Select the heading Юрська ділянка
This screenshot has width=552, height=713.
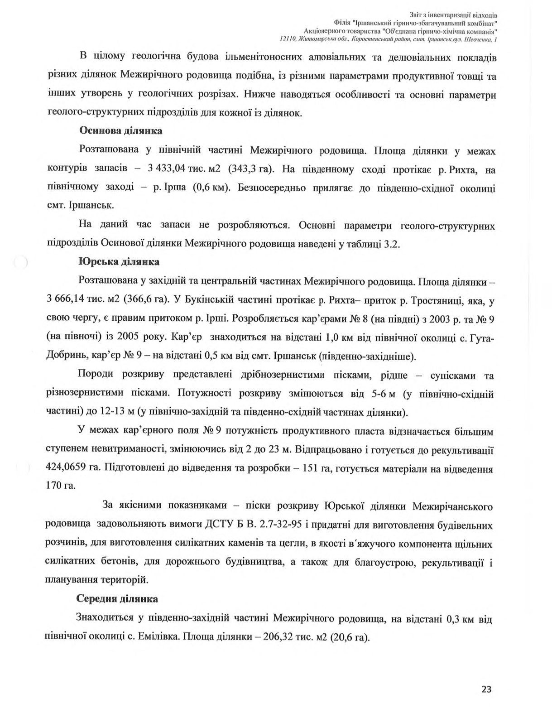(x=119, y=262)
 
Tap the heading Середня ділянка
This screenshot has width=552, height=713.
(x=117, y=599)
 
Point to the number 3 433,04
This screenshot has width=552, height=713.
(x=167, y=169)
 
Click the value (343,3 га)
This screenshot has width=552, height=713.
(x=250, y=169)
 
